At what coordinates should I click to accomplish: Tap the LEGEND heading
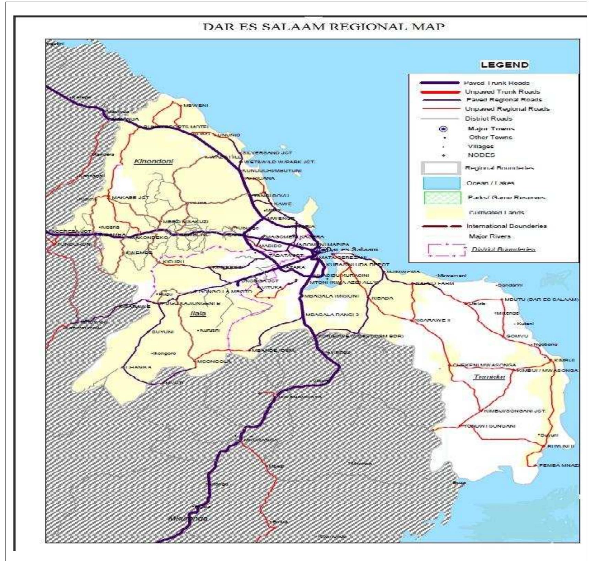[x=504, y=65]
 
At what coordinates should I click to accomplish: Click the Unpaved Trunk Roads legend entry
[x=502, y=92]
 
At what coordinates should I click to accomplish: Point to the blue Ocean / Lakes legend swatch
[x=442, y=183]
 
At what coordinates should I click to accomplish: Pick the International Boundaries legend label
[x=506, y=226]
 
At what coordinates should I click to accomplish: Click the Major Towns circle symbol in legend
[x=444, y=129]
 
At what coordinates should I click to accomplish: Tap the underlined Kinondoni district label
[x=153, y=161]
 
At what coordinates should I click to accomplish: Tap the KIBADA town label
[x=382, y=298]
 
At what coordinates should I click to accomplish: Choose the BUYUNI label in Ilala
[x=163, y=332]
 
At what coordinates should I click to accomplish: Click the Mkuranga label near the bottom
[x=188, y=518]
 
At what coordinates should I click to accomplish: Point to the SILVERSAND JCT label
[x=267, y=153]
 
